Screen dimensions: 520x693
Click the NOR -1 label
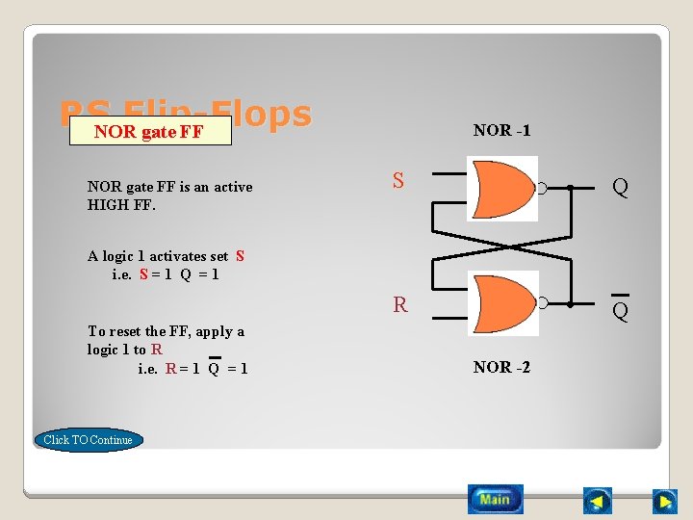(x=501, y=130)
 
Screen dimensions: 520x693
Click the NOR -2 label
(x=501, y=367)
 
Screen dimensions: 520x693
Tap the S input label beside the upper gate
(x=398, y=180)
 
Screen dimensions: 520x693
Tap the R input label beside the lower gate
(x=399, y=305)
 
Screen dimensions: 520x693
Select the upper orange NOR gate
(x=501, y=189)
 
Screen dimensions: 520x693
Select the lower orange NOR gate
(x=501, y=303)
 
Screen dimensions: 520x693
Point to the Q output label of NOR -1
(x=620, y=188)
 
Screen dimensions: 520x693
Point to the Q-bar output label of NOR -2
(x=620, y=310)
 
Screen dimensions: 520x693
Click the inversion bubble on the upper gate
(x=542, y=189)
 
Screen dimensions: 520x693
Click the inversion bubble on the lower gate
(x=542, y=303)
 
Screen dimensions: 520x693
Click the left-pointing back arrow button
(x=598, y=501)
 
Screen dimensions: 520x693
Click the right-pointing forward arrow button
(x=664, y=501)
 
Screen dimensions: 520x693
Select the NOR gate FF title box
(x=149, y=132)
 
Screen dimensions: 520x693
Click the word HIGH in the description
(x=108, y=205)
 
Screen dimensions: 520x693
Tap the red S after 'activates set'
(x=240, y=256)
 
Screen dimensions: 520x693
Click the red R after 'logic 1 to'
(x=156, y=350)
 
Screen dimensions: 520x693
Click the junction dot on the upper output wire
(x=570, y=189)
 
